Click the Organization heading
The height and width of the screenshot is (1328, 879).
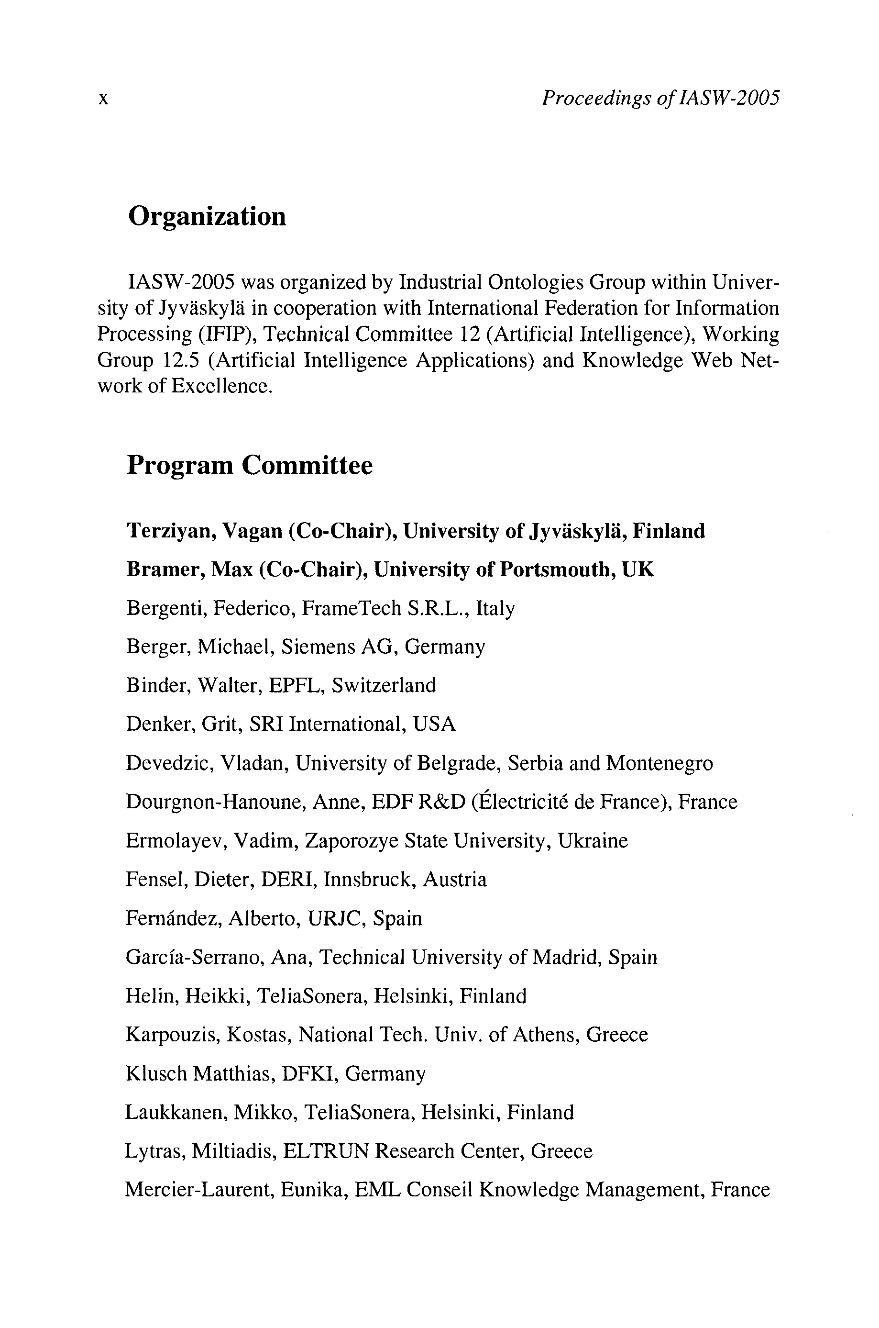(207, 216)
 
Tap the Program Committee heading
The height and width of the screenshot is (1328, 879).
(250, 466)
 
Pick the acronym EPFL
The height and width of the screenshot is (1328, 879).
(295, 686)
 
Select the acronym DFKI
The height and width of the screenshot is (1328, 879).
(308, 1073)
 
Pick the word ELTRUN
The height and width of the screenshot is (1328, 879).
(326, 1151)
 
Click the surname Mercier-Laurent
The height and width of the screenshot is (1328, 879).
(199, 1190)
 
